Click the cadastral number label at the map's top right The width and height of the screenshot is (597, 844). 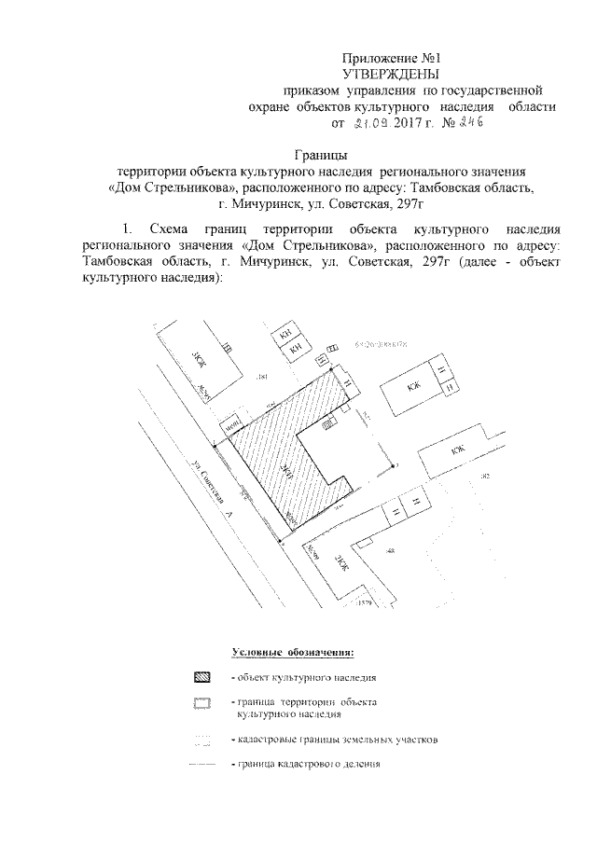coord(382,345)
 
